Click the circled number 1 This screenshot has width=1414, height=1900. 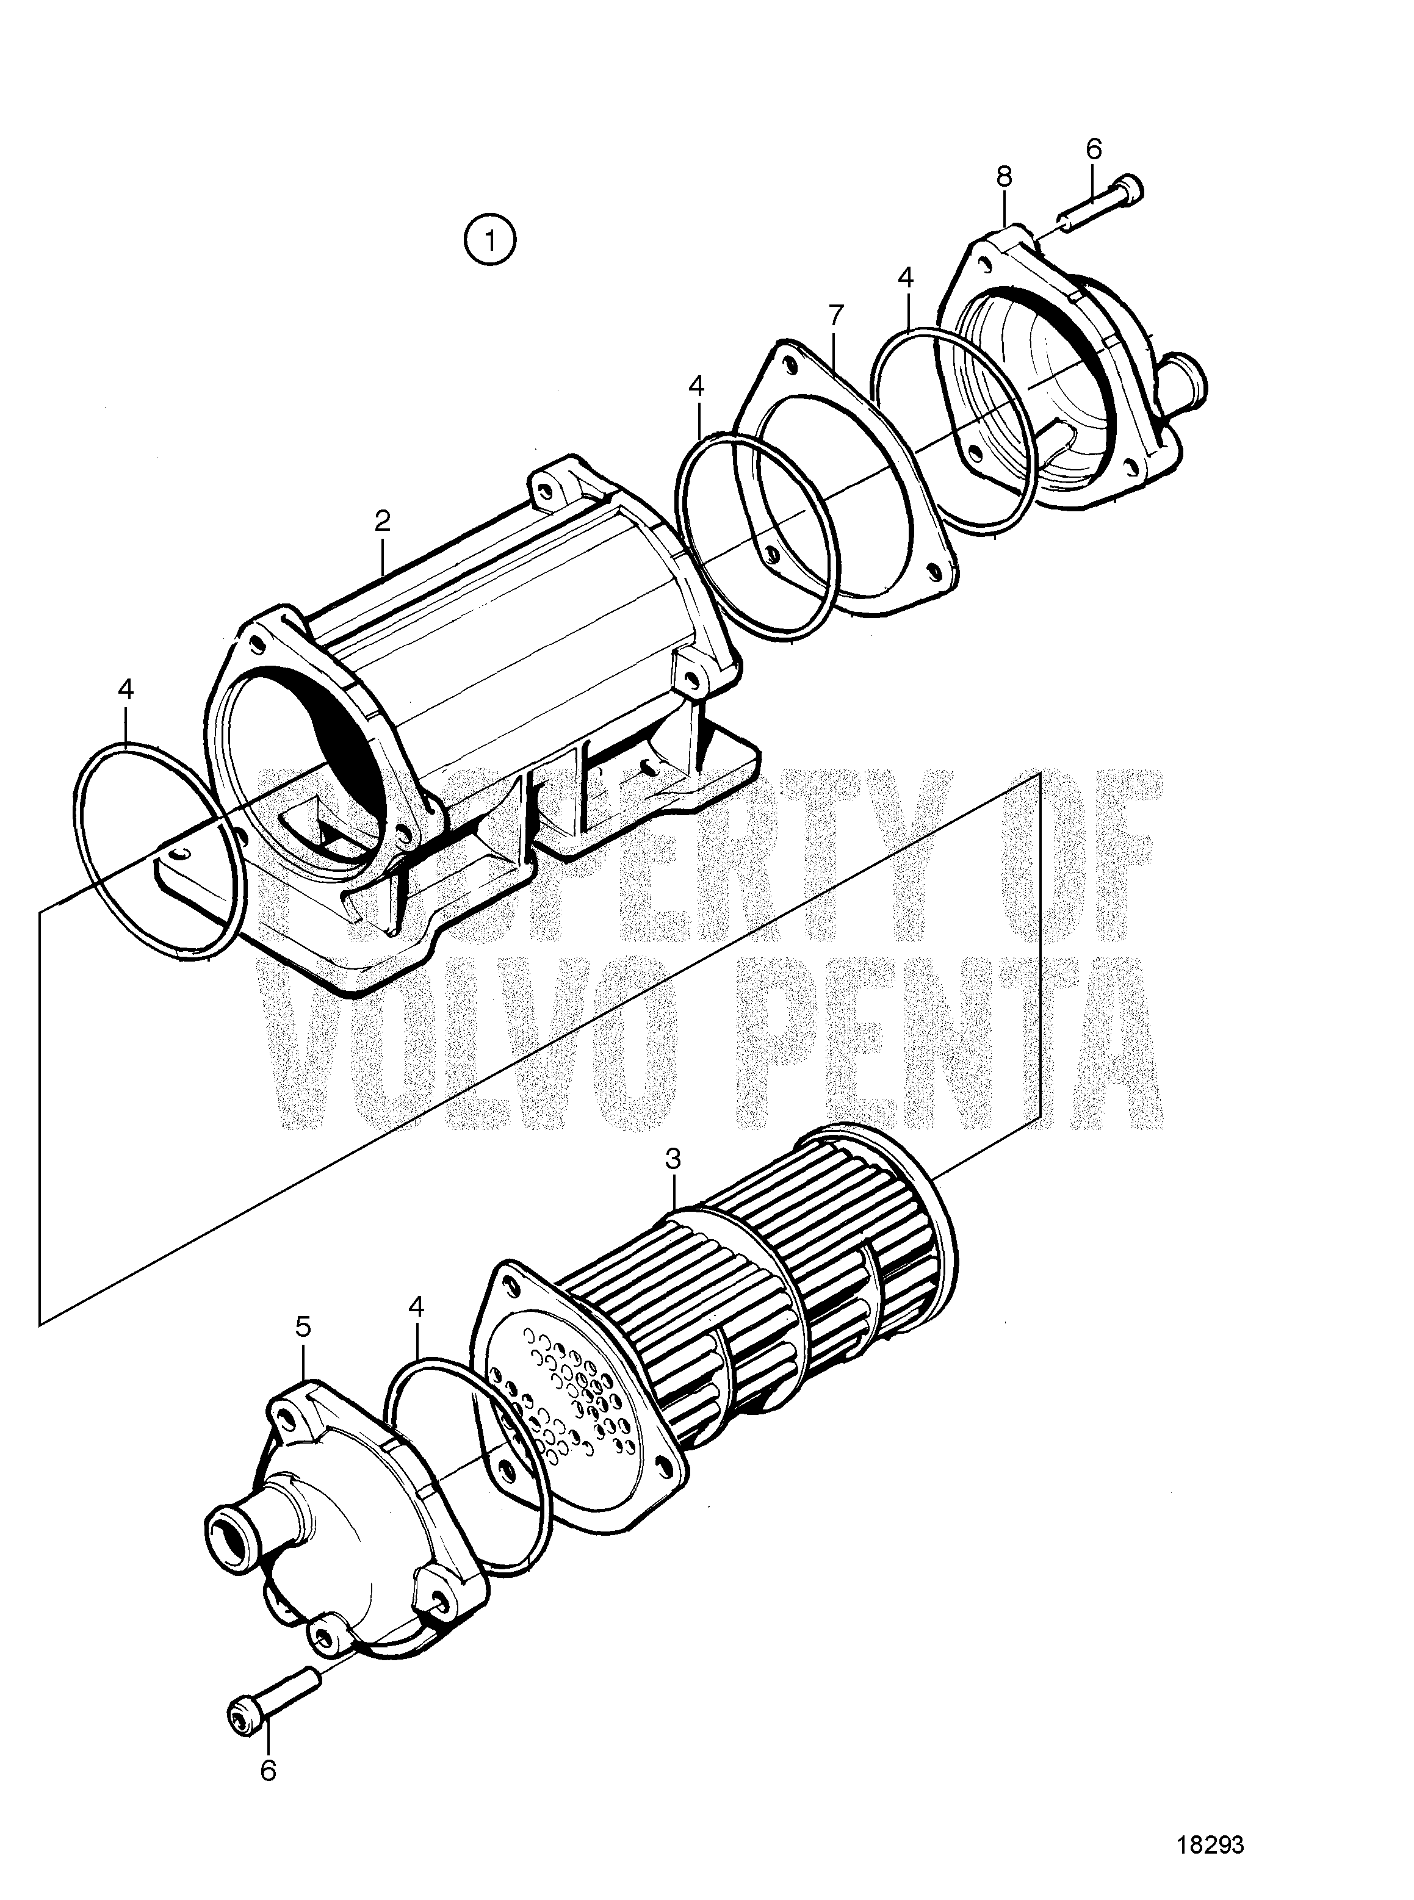[x=489, y=240]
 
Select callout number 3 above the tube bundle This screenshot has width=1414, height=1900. [x=674, y=1160]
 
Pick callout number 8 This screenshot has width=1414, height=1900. [x=1004, y=177]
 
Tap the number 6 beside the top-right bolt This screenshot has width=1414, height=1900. [x=1094, y=148]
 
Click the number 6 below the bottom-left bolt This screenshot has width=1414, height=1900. [x=268, y=1740]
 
